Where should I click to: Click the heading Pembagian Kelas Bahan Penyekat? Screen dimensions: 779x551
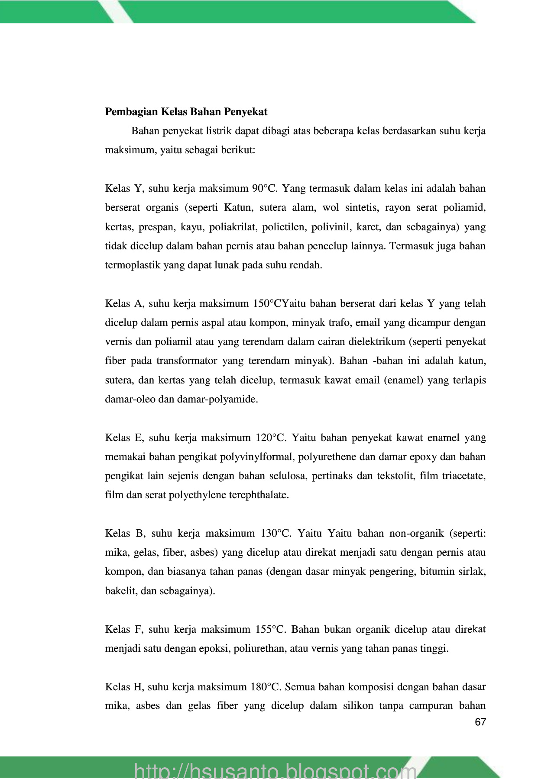(x=186, y=112)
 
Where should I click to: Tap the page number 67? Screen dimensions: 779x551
(x=480, y=722)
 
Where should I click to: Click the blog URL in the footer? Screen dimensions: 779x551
(x=275, y=770)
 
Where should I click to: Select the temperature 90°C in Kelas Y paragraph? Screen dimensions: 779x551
(x=266, y=189)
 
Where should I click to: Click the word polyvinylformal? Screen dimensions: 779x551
(x=256, y=457)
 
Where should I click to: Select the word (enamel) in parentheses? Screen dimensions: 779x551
(x=405, y=380)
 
